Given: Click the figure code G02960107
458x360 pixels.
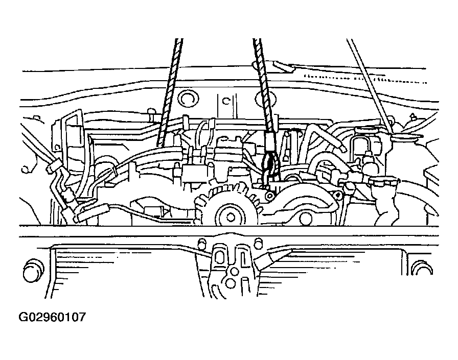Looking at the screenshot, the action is click(x=52, y=317).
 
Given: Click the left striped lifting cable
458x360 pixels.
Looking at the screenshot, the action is click(x=170, y=92).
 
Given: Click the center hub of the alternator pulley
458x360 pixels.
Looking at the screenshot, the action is click(x=231, y=217).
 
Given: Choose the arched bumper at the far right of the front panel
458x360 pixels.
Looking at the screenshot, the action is click(x=421, y=268).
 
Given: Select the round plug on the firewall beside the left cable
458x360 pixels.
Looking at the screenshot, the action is click(x=188, y=99).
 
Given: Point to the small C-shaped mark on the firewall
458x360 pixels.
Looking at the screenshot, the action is click(x=226, y=101).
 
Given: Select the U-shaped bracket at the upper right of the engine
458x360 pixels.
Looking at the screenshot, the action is click(x=361, y=146).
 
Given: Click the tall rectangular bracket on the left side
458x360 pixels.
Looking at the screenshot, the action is click(x=70, y=137).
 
